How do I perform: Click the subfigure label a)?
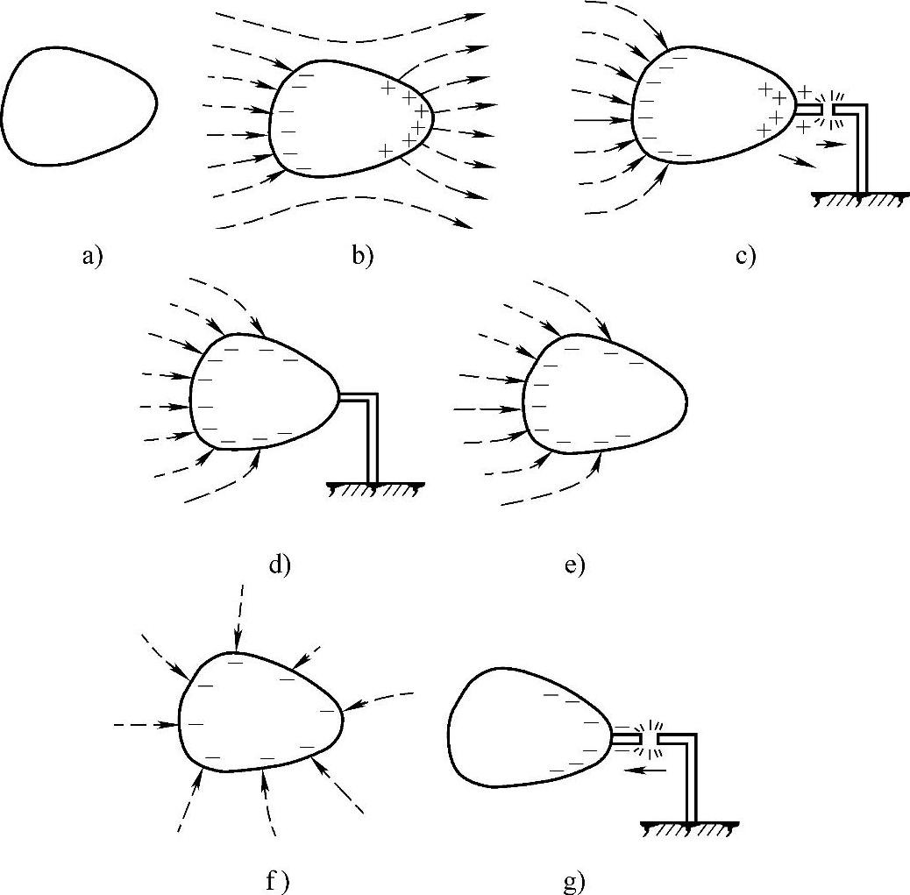point(91,257)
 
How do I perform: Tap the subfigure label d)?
point(279,565)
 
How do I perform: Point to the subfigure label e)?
point(574,565)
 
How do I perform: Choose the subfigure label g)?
point(574,881)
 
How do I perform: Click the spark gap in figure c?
point(828,109)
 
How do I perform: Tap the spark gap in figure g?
point(650,739)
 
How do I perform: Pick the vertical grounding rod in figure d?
point(373,438)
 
